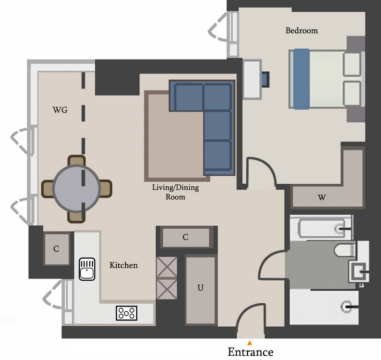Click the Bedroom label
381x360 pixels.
tap(302, 30)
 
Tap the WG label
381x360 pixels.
tap(60, 110)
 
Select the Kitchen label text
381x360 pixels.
tap(123, 265)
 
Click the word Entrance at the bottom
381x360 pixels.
tap(250, 352)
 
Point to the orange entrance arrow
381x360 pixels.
tap(250, 343)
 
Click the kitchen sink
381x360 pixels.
tap(87, 269)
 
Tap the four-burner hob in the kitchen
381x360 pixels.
tap(127, 313)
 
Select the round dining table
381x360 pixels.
tap(76, 188)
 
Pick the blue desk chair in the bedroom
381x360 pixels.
tap(266, 79)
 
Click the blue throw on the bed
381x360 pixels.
tap(301, 79)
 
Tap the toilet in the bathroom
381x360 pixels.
tap(345, 250)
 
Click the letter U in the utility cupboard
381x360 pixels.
tap(200, 288)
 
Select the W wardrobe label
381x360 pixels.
tap(322, 198)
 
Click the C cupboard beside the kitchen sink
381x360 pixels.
tap(56, 248)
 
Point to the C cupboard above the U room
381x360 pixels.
tap(186, 237)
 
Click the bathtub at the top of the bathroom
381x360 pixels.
tap(321, 228)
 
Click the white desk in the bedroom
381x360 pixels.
tap(252, 79)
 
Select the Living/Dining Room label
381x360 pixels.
tap(175, 192)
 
